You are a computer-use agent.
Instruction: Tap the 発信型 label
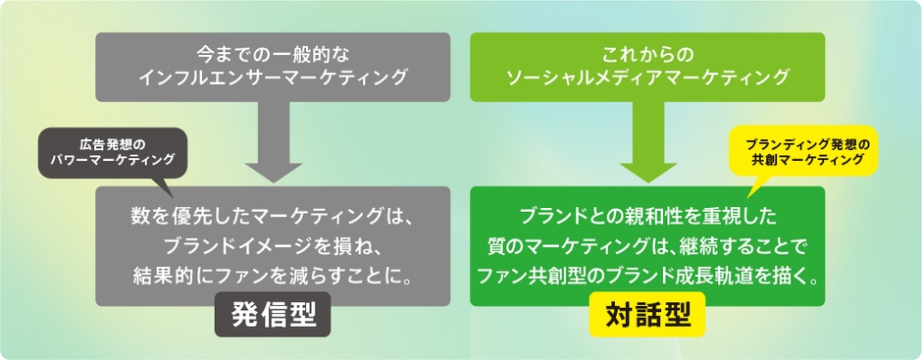pyautogui.click(x=272, y=315)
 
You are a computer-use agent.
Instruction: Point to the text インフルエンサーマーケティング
pyautogui.click(x=272, y=77)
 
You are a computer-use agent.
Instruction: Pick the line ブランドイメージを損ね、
pyautogui.click(x=273, y=242)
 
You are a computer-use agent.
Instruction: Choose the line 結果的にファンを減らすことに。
pyautogui.click(x=273, y=271)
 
